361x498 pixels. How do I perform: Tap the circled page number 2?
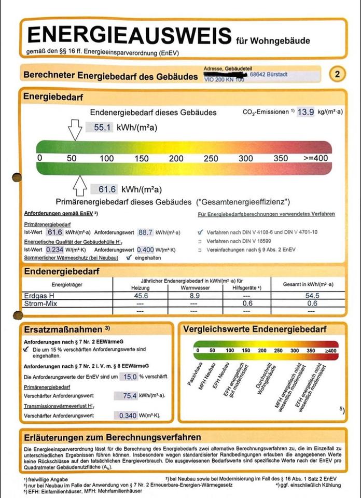tap(337, 74)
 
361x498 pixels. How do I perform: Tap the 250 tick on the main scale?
tap(211, 158)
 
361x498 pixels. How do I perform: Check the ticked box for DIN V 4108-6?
tap(200, 233)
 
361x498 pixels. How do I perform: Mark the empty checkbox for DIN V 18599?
tap(200, 242)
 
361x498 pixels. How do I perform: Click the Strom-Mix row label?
tap(41, 303)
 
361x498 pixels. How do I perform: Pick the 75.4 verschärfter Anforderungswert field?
tap(129, 396)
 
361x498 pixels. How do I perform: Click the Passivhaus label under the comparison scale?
tap(194, 375)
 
